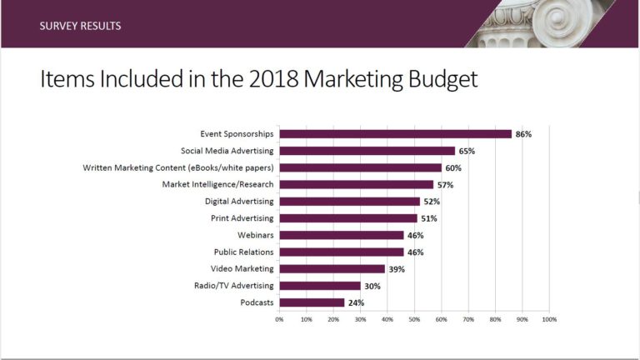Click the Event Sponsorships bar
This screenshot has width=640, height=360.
coord(396,134)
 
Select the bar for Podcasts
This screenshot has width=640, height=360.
coord(312,302)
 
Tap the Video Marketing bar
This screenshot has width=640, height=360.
coord(332,269)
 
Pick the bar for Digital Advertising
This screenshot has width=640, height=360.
coord(350,201)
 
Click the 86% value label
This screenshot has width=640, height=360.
coord(523,134)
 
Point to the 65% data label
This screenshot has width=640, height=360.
coord(467,151)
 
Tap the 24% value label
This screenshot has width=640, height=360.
coord(356,302)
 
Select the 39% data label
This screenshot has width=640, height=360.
coord(397,269)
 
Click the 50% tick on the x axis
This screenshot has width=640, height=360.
coord(414,320)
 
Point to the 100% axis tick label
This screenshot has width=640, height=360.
coord(549,320)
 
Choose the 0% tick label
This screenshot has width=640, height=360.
coord(279,320)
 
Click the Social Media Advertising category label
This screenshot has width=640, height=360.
coord(227,151)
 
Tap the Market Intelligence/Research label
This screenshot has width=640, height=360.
coord(218,184)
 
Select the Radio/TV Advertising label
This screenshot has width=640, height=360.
coord(234,286)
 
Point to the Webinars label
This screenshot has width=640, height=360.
coord(256,235)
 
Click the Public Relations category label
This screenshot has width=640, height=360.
coord(243,252)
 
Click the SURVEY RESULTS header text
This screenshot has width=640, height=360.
coord(80,26)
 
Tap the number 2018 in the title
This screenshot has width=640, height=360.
coord(274,79)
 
